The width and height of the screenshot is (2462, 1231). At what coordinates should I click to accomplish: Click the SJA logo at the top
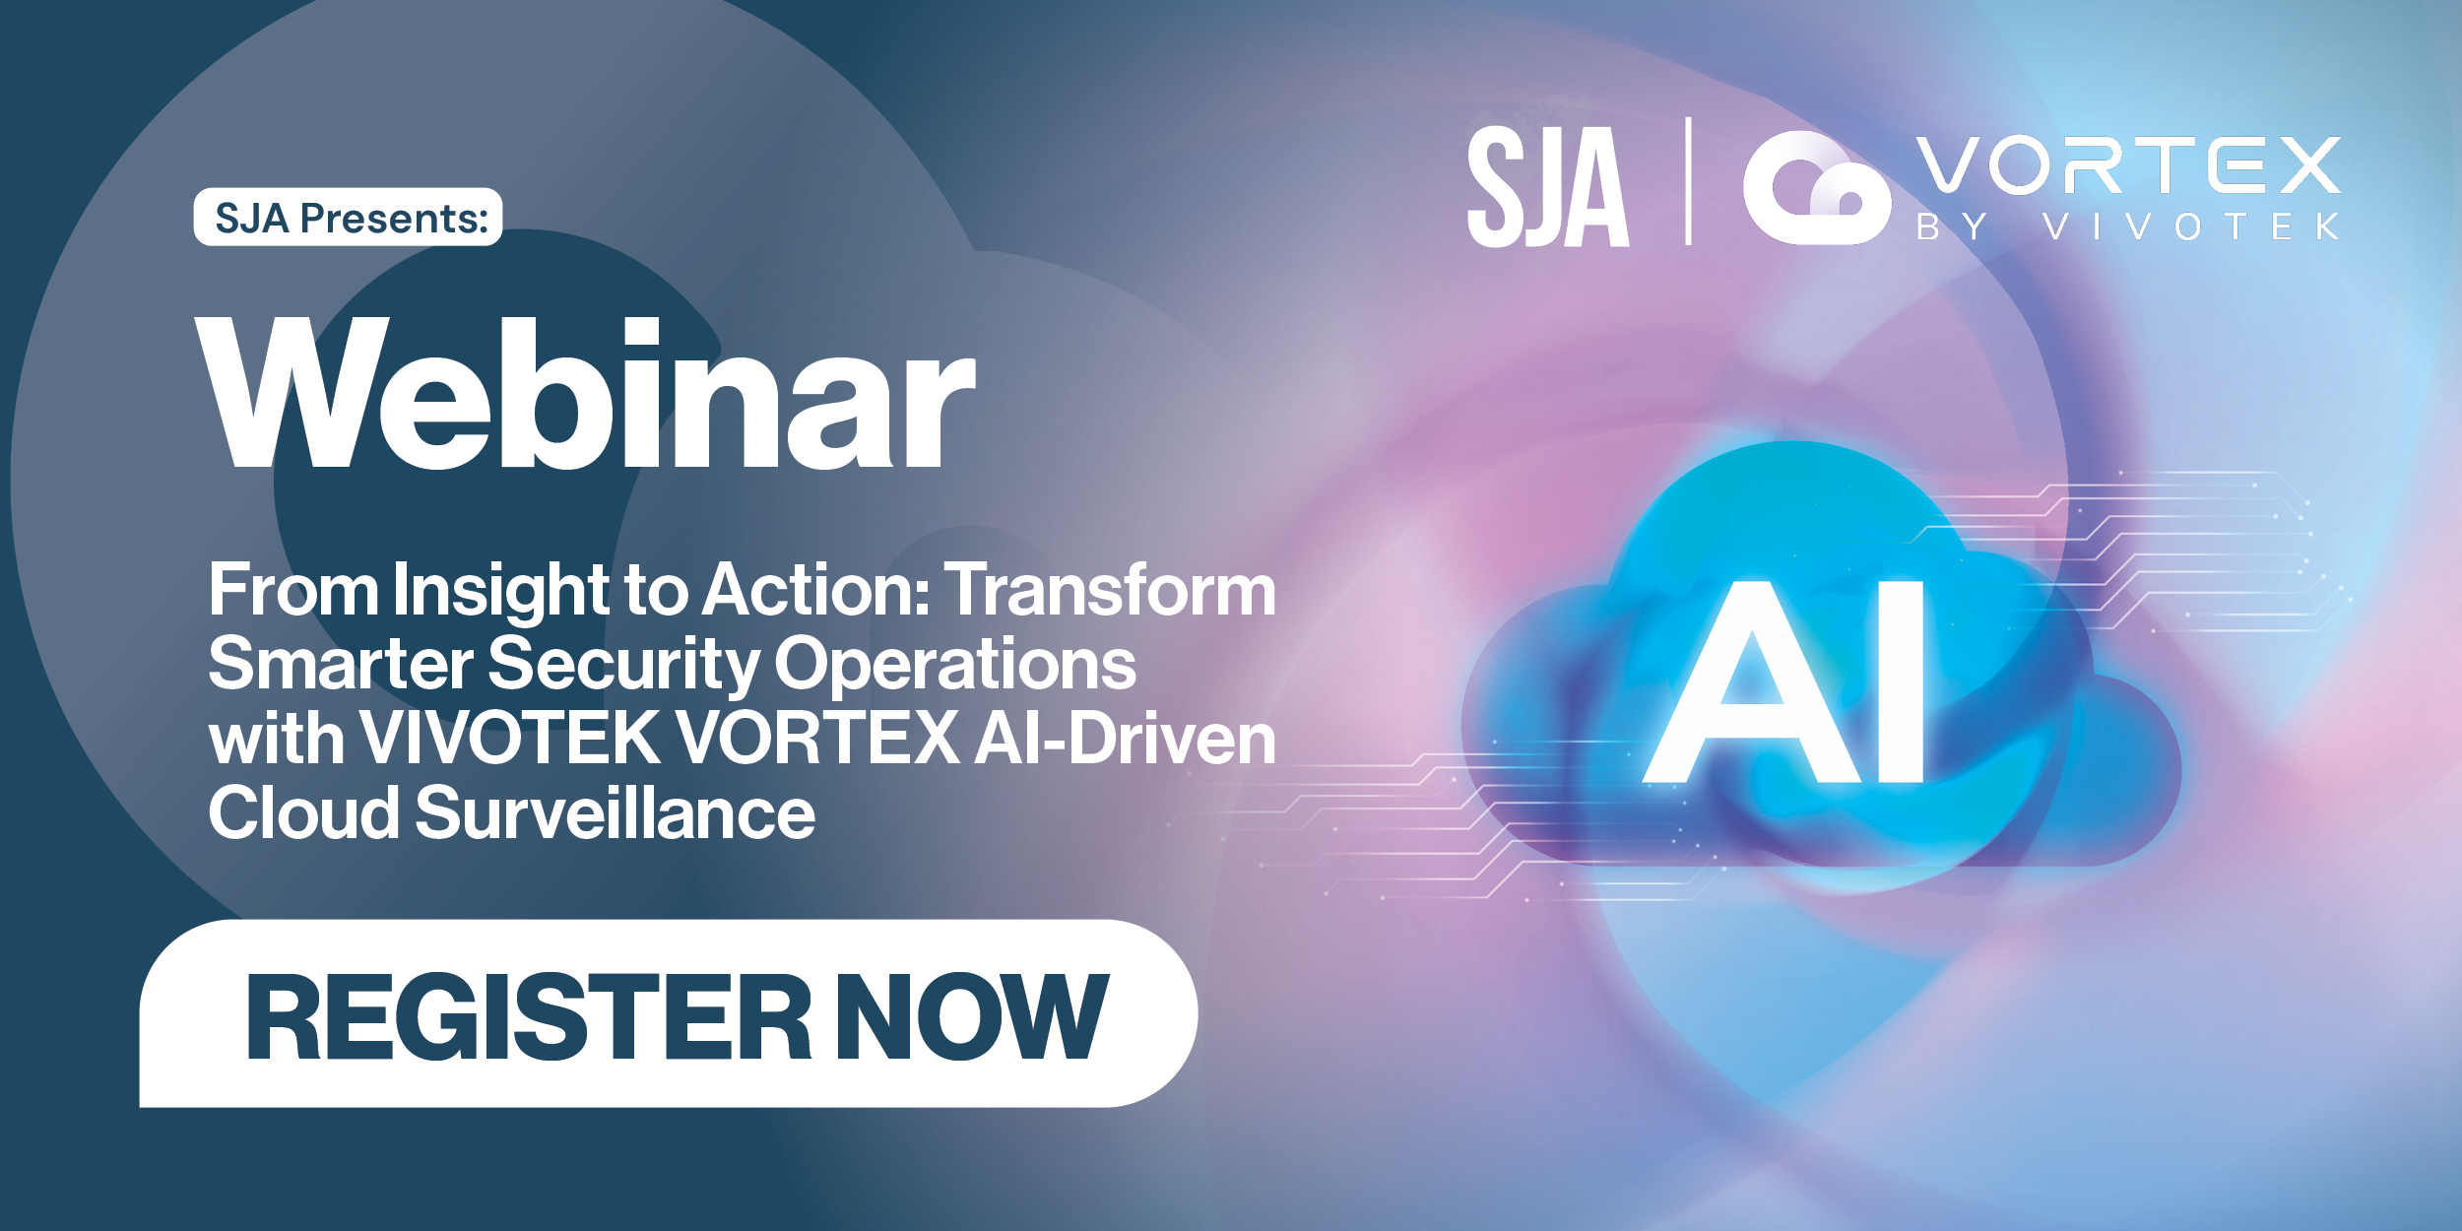click(x=1547, y=186)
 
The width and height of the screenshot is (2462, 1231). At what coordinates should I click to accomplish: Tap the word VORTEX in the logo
click(x=2127, y=165)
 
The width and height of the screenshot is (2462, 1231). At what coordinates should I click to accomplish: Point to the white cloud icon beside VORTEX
click(x=1815, y=188)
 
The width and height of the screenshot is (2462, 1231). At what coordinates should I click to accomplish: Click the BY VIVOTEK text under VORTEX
click(x=2127, y=227)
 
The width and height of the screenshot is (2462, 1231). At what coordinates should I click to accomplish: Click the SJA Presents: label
click(x=349, y=217)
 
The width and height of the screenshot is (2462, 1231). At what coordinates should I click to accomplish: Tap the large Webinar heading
click(x=586, y=394)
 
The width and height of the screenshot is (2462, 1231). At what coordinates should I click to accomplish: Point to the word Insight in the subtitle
click(x=501, y=590)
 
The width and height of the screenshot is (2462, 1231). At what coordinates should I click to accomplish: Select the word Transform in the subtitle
click(x=1110, y=590)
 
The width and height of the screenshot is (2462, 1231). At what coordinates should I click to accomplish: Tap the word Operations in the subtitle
click(x=955, y=664)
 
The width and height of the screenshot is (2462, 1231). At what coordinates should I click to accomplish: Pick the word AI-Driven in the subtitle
click(x=1126, y=738)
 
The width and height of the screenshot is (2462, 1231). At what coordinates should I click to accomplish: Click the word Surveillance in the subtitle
click(x=615, y=812)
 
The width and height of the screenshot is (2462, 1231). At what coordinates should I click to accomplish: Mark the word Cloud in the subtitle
click(x=303, y=812)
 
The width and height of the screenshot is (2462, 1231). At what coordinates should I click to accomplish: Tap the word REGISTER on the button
click(x=529, y=1017)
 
